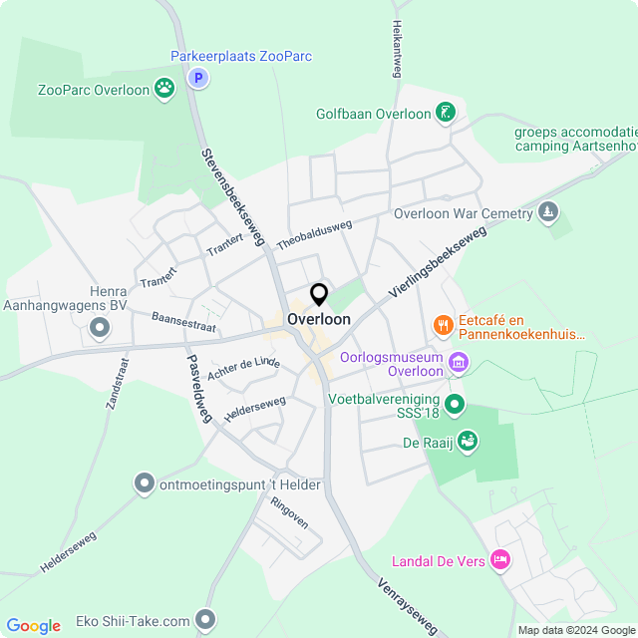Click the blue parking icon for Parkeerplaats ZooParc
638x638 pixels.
point(198,78)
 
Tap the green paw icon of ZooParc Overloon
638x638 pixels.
point(164,90)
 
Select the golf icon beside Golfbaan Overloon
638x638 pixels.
point(446,113)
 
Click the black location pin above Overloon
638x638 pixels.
point(319,295)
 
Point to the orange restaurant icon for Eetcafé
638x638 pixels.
point(443,325)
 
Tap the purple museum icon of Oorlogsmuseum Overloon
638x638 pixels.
point(458,362)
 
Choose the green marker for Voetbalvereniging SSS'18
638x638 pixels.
point(455,404)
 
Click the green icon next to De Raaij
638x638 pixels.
point(467,441)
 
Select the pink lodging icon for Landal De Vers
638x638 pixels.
point(501,561)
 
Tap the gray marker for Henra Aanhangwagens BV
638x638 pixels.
point(99,327)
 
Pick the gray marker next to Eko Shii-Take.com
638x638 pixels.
point(206,620)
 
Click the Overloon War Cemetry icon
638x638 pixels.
point(547,212)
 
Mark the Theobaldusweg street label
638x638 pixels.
point(315,235)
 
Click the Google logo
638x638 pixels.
point(33,625)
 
